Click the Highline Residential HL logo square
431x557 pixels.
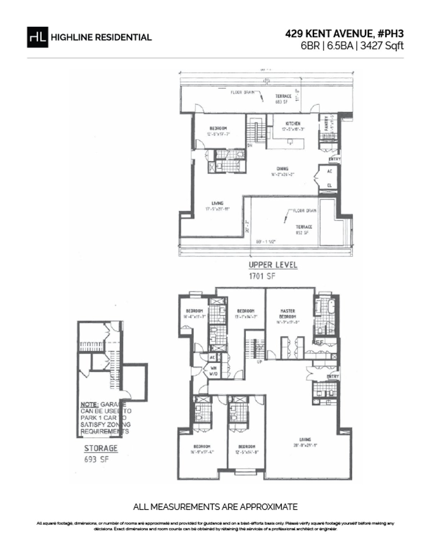[x=37, y=37]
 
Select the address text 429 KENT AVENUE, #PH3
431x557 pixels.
[x=344, y=34]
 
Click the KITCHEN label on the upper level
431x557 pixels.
[x=293, y=123]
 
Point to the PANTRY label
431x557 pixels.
[x=326, y=123]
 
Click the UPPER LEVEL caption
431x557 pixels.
[x=273, y=265]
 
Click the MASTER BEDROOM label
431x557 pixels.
[x=288, y=314]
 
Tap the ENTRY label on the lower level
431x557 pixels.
[x=333, y=376]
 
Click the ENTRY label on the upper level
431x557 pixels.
[x=334, y=159]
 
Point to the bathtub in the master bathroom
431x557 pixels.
[x=331, y=307]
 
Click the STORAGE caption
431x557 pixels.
[x=101, y=448]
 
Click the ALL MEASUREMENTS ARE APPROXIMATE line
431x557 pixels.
[x=215, y=507]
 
